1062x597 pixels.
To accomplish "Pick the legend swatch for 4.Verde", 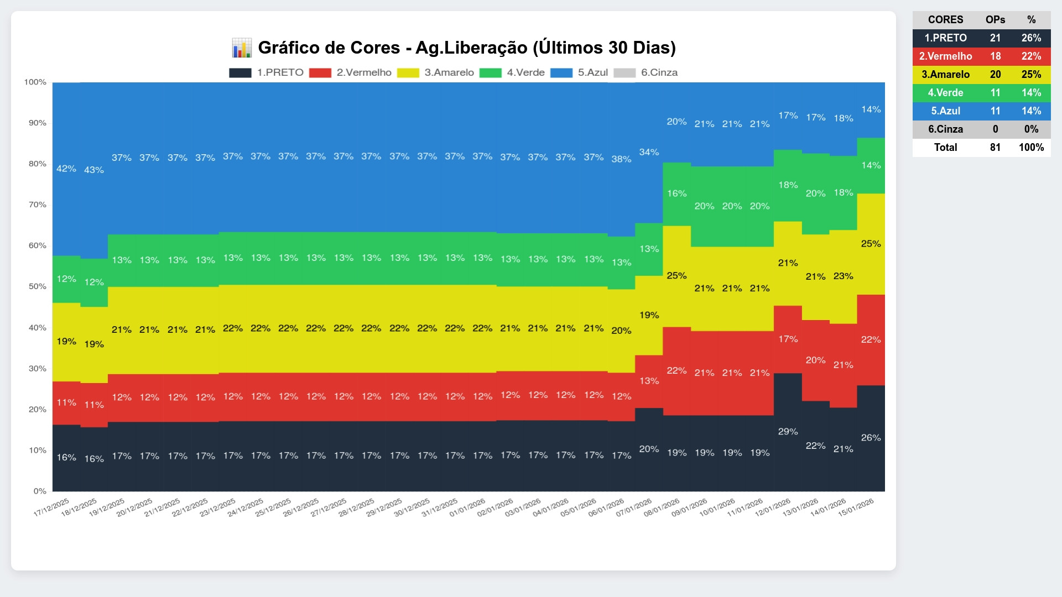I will point(490,73).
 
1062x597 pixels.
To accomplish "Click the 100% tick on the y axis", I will point(35,82).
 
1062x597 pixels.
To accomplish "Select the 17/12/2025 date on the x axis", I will point(52,507).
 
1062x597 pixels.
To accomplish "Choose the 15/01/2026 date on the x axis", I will point(856,507).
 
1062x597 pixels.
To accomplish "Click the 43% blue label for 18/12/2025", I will point(94,170).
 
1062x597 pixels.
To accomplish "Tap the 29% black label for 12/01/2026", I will point(788,431).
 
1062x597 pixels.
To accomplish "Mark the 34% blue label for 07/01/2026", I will point(649,152).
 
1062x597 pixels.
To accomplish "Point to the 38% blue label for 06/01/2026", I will point(621,159).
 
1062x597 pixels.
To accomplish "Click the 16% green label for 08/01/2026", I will point(676,193).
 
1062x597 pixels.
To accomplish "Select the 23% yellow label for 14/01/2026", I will point(843,276).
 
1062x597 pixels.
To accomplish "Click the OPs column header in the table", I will point(995,20).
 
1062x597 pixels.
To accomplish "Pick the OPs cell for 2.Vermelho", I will point(995,56).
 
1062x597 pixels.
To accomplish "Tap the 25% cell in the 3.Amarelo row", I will point(1031,75).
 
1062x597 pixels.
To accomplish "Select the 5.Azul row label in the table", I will point(945,111).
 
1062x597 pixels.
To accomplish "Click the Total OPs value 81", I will point(995,148).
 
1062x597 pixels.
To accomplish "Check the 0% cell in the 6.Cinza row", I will point(1031,129).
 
